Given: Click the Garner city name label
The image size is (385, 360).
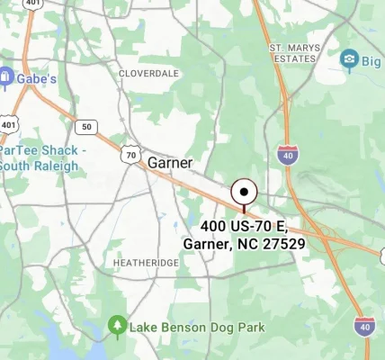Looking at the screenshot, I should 169,163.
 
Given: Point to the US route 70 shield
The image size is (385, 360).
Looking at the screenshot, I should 132,156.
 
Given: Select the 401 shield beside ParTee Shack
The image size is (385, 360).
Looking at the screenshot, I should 8,123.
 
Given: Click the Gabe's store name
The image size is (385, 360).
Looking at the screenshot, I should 37,78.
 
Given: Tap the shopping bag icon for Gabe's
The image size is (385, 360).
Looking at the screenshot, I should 6,78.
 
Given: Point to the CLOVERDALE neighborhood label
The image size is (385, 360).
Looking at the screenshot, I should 148,72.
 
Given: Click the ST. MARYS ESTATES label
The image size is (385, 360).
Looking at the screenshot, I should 292,52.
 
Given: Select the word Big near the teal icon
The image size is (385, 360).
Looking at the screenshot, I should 371,61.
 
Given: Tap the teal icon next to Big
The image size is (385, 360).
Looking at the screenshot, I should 349,61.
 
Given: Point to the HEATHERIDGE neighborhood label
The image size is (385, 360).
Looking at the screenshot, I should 148,262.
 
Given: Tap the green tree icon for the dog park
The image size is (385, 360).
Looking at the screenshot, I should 116,325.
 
